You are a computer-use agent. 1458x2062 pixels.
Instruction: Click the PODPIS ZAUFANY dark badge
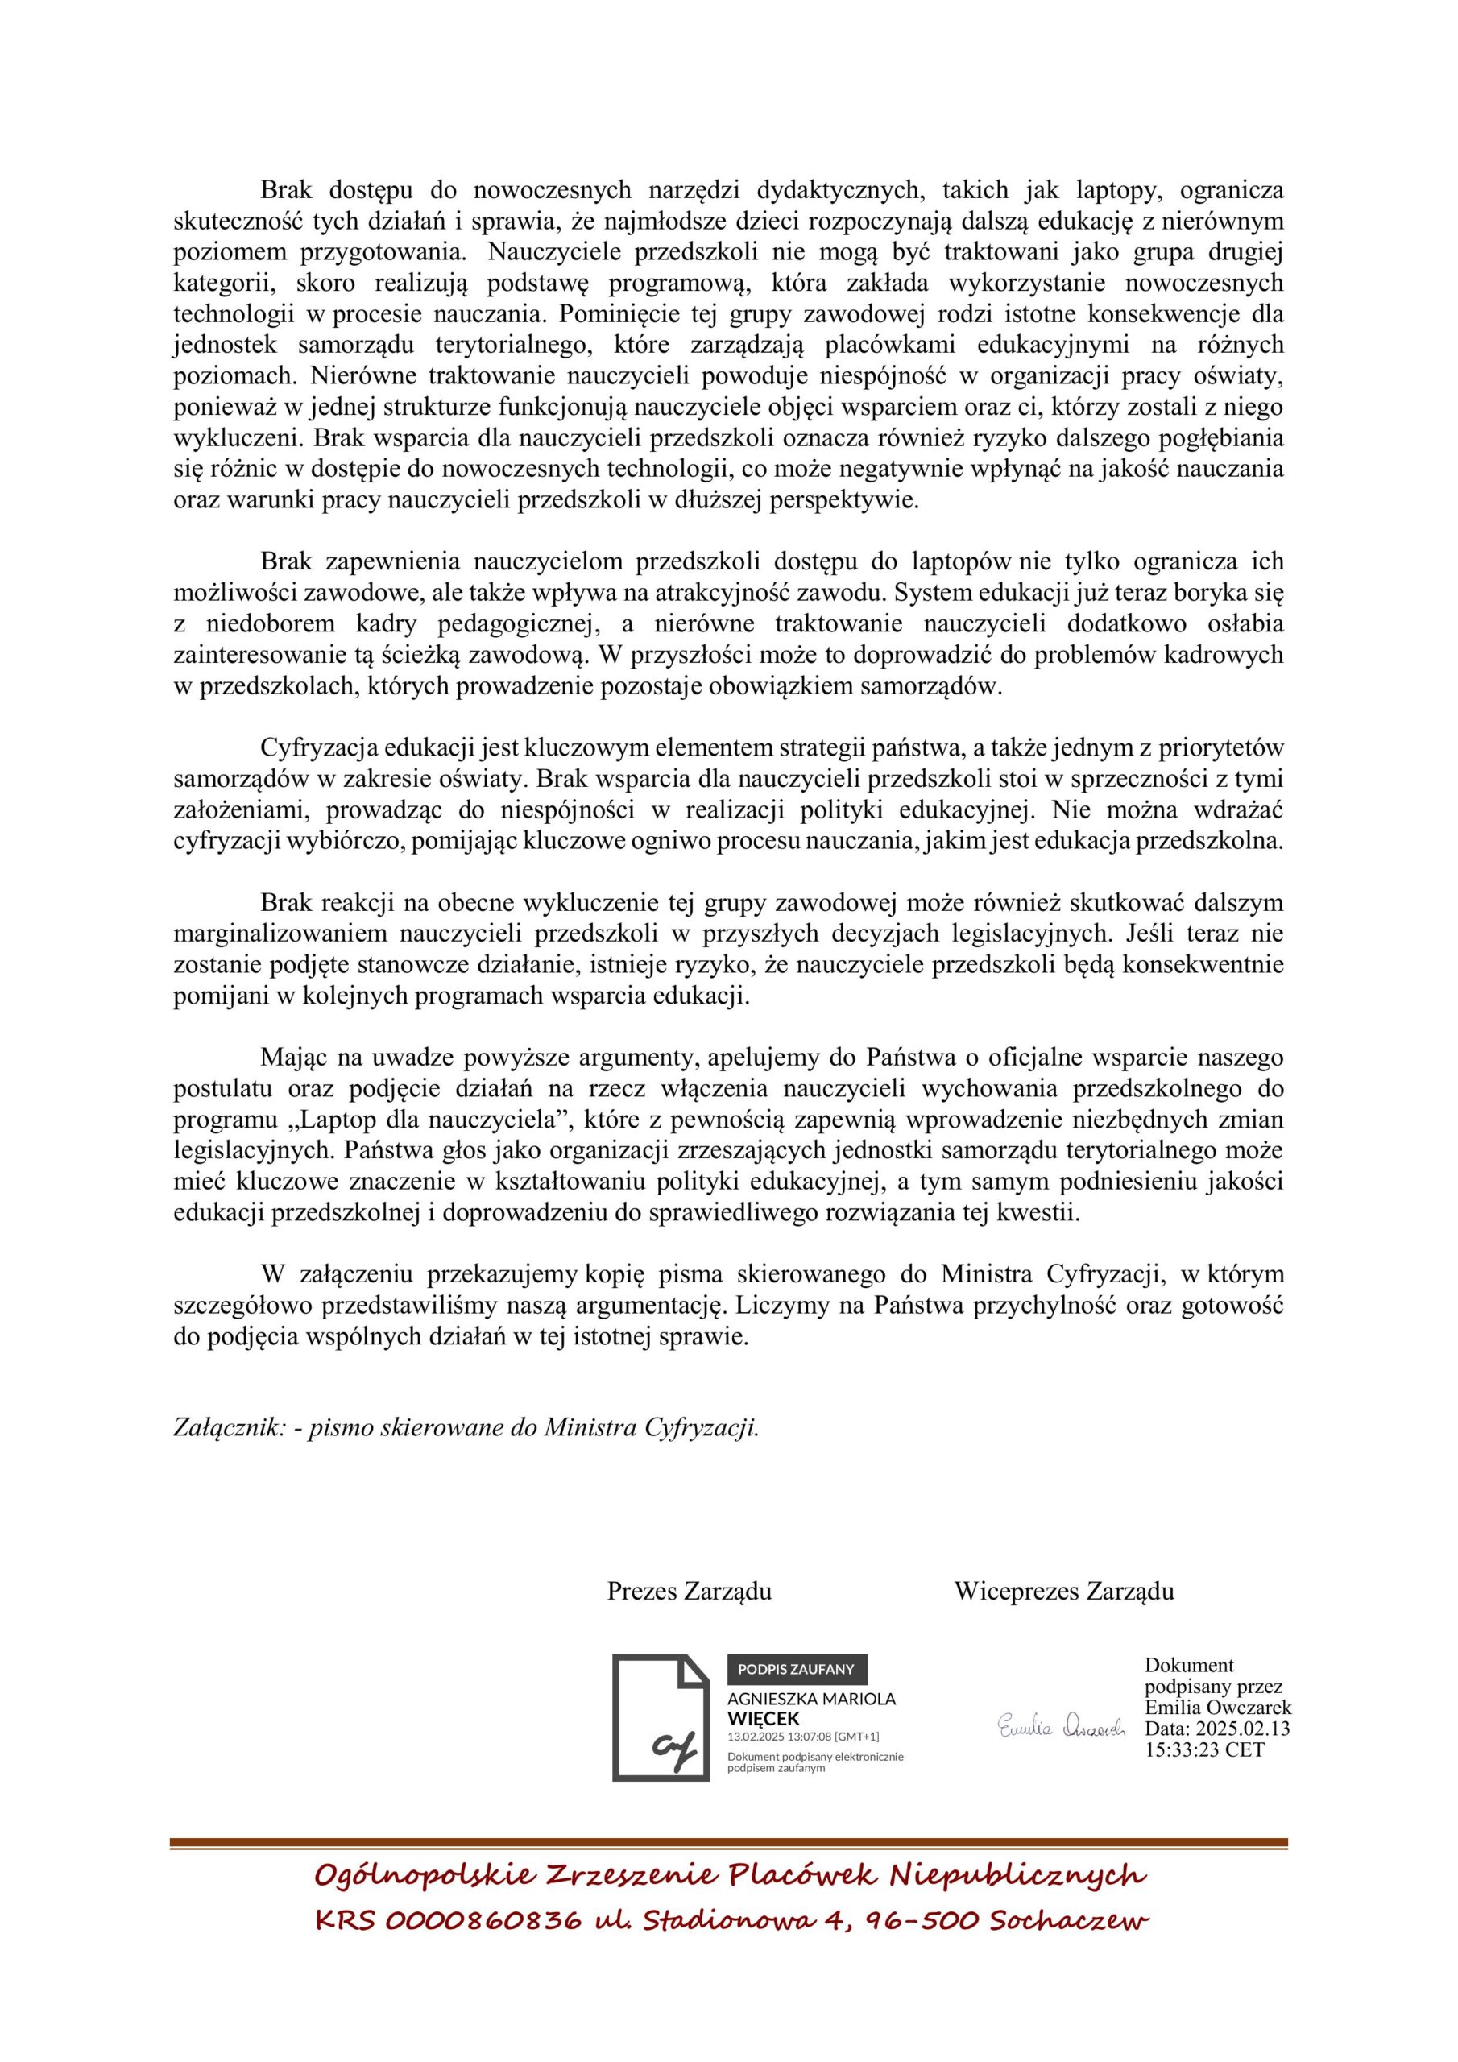click(797, 1669)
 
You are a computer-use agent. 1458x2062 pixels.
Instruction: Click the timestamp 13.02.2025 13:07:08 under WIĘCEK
click(802, 1737)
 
